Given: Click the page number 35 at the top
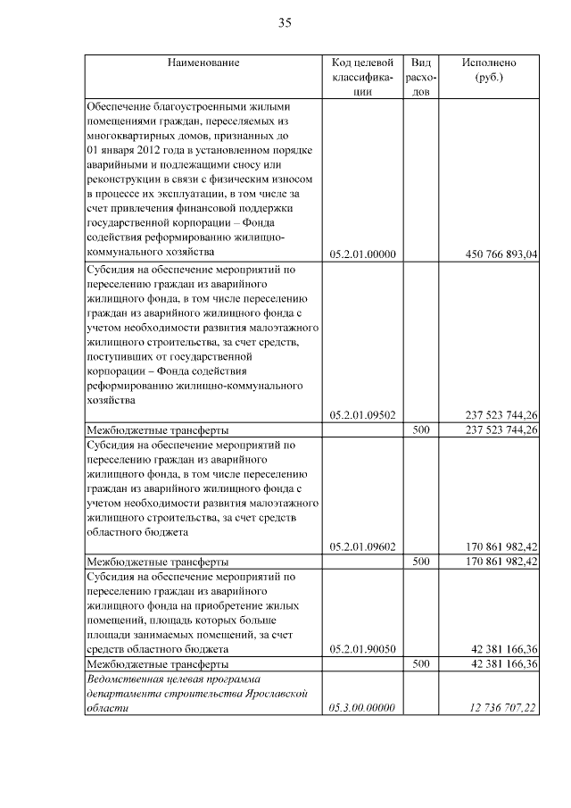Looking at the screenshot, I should [285, 22].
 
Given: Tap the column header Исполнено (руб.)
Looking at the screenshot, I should [488, 70].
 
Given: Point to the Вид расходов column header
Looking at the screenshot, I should [422, 77].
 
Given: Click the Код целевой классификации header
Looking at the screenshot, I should [361, 77].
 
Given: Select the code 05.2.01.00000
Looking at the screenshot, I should [361, 254].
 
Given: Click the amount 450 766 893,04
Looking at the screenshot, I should [502, 254].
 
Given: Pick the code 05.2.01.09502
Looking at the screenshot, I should [361, 415].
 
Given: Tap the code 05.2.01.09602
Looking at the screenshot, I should [361, 546].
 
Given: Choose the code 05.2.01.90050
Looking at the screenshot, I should [361, 649].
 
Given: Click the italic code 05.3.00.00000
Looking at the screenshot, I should [361, 708].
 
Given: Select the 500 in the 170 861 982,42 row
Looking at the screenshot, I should [422, 562].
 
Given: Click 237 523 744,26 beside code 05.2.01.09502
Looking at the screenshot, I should [502, 415].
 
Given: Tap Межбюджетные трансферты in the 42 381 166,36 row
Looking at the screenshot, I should [156, 664].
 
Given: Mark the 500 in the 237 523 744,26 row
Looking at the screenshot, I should [422, 429].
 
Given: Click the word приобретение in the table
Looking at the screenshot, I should [213, 605].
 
